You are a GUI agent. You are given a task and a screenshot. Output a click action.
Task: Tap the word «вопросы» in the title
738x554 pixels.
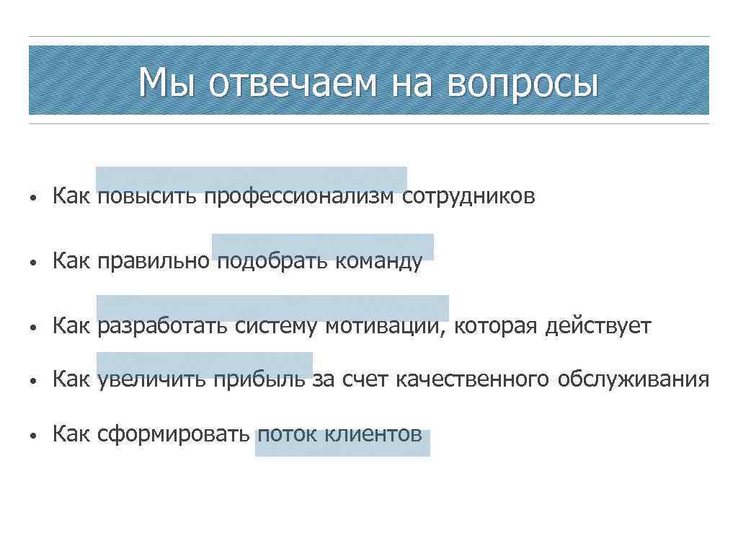pos(523,83)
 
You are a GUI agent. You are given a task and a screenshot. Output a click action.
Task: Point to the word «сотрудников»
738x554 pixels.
pos(468,195)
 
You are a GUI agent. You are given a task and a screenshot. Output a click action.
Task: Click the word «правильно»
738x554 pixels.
pos(154,261)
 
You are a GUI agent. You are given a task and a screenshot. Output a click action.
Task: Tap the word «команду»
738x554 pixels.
pos(378,261)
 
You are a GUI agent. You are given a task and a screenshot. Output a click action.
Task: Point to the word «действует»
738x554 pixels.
pos(598,326)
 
